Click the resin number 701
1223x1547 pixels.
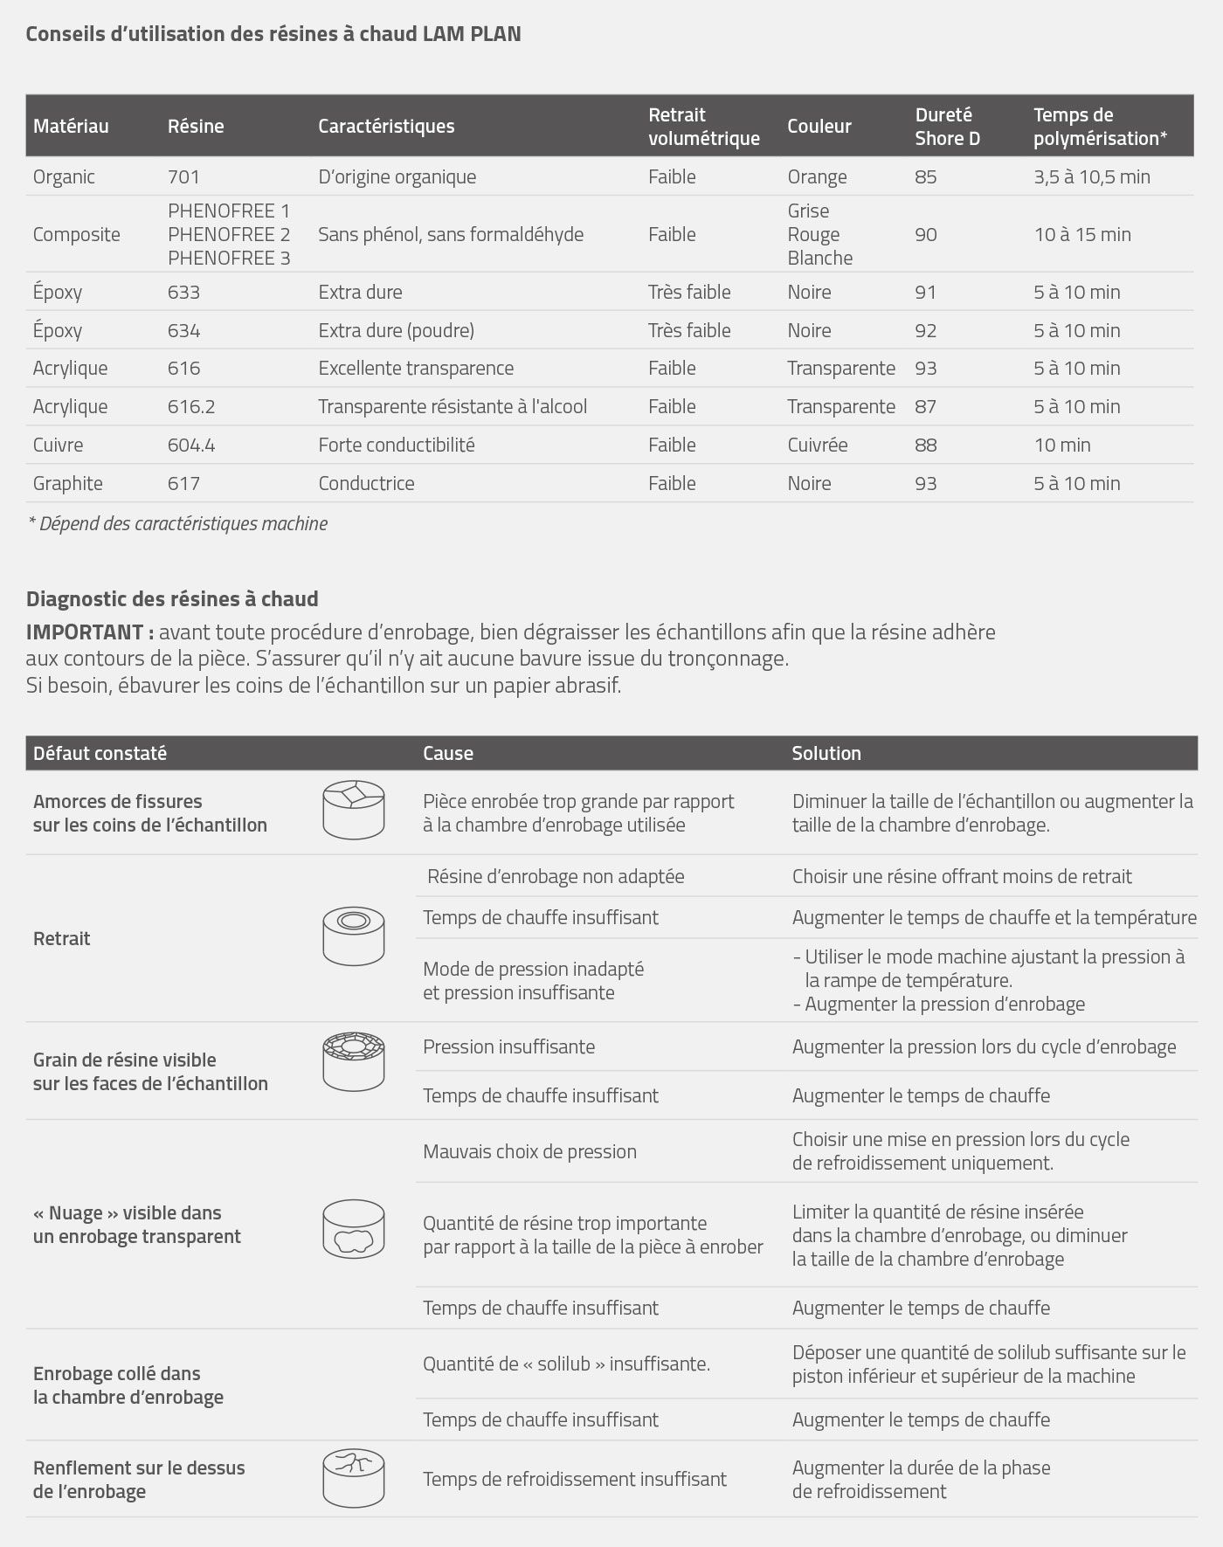[x=183, y=176]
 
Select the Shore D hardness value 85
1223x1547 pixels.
[x=925, y=176]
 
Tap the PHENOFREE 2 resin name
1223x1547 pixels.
[x=229, y=234]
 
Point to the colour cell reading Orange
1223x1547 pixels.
[x=817, y=176]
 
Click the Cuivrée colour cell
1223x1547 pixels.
[x=817, y=445]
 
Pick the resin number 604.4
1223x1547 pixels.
[x=191, y=445]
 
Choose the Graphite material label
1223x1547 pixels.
[x=67, y=483]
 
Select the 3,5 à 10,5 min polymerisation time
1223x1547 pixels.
[x=1092, y=176]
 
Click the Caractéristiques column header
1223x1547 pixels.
[x=386, y=126]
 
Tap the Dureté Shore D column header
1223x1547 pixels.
[x=947, y=126]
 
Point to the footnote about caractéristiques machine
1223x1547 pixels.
[x=178, y=523]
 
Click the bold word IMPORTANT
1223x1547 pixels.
[x=89, y=632]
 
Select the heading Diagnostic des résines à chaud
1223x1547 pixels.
[x=172, y=598]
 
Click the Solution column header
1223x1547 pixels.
[x=826, y=753]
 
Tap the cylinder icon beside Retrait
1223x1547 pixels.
[x=353, y=936]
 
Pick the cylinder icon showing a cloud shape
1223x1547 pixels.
[x=353, y=1228]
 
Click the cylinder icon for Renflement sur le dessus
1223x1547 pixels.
[x=353, y=1478]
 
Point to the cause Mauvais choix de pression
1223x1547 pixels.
[x=529, y=1151]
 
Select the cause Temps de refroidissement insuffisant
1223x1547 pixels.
[x=575, y=1479]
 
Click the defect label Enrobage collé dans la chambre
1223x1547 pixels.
[x=128, y=1385]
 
